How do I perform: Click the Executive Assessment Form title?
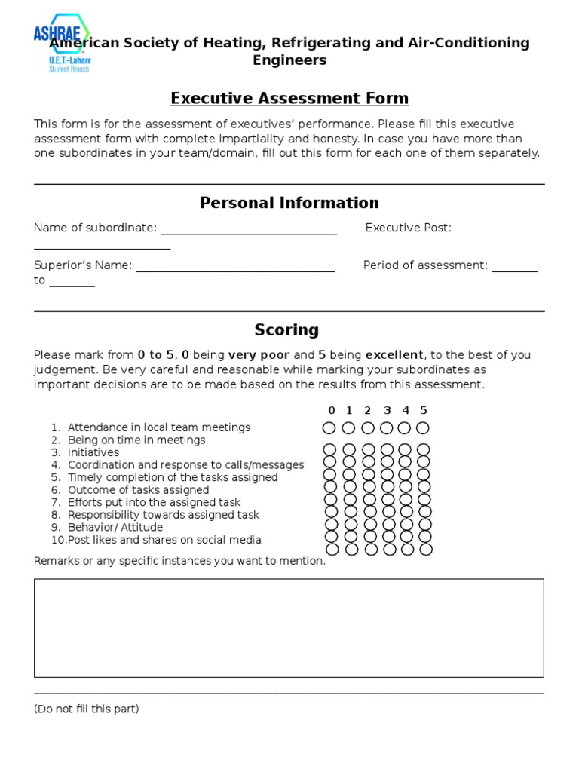click(x=289, y=98)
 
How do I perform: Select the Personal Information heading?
click(x=289, y=203)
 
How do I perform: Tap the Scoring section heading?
click(x=286, y=329)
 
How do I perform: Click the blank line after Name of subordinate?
click(x=249, y=229)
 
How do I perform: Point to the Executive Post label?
click(x=408, y=228)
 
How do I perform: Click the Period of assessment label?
click(x=425, y=265)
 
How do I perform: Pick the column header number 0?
click(x=331, y=410)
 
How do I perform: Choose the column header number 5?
click(x=424, y=410)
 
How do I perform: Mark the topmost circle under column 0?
click(x=329, y=428)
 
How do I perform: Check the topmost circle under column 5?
click(x=423, y=428)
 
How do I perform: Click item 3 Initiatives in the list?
click(x=93, y=452)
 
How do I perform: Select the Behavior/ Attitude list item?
click(x=115, y=527)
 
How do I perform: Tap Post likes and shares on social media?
click(x=164, y=540)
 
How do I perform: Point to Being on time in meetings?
click(x=136, y=440)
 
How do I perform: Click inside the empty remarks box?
click(x=289, y=627)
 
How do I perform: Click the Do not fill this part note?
click(x=87, y=709)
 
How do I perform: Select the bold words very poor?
click(x=259, y=355)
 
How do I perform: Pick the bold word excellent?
click(x=394, y=355)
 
